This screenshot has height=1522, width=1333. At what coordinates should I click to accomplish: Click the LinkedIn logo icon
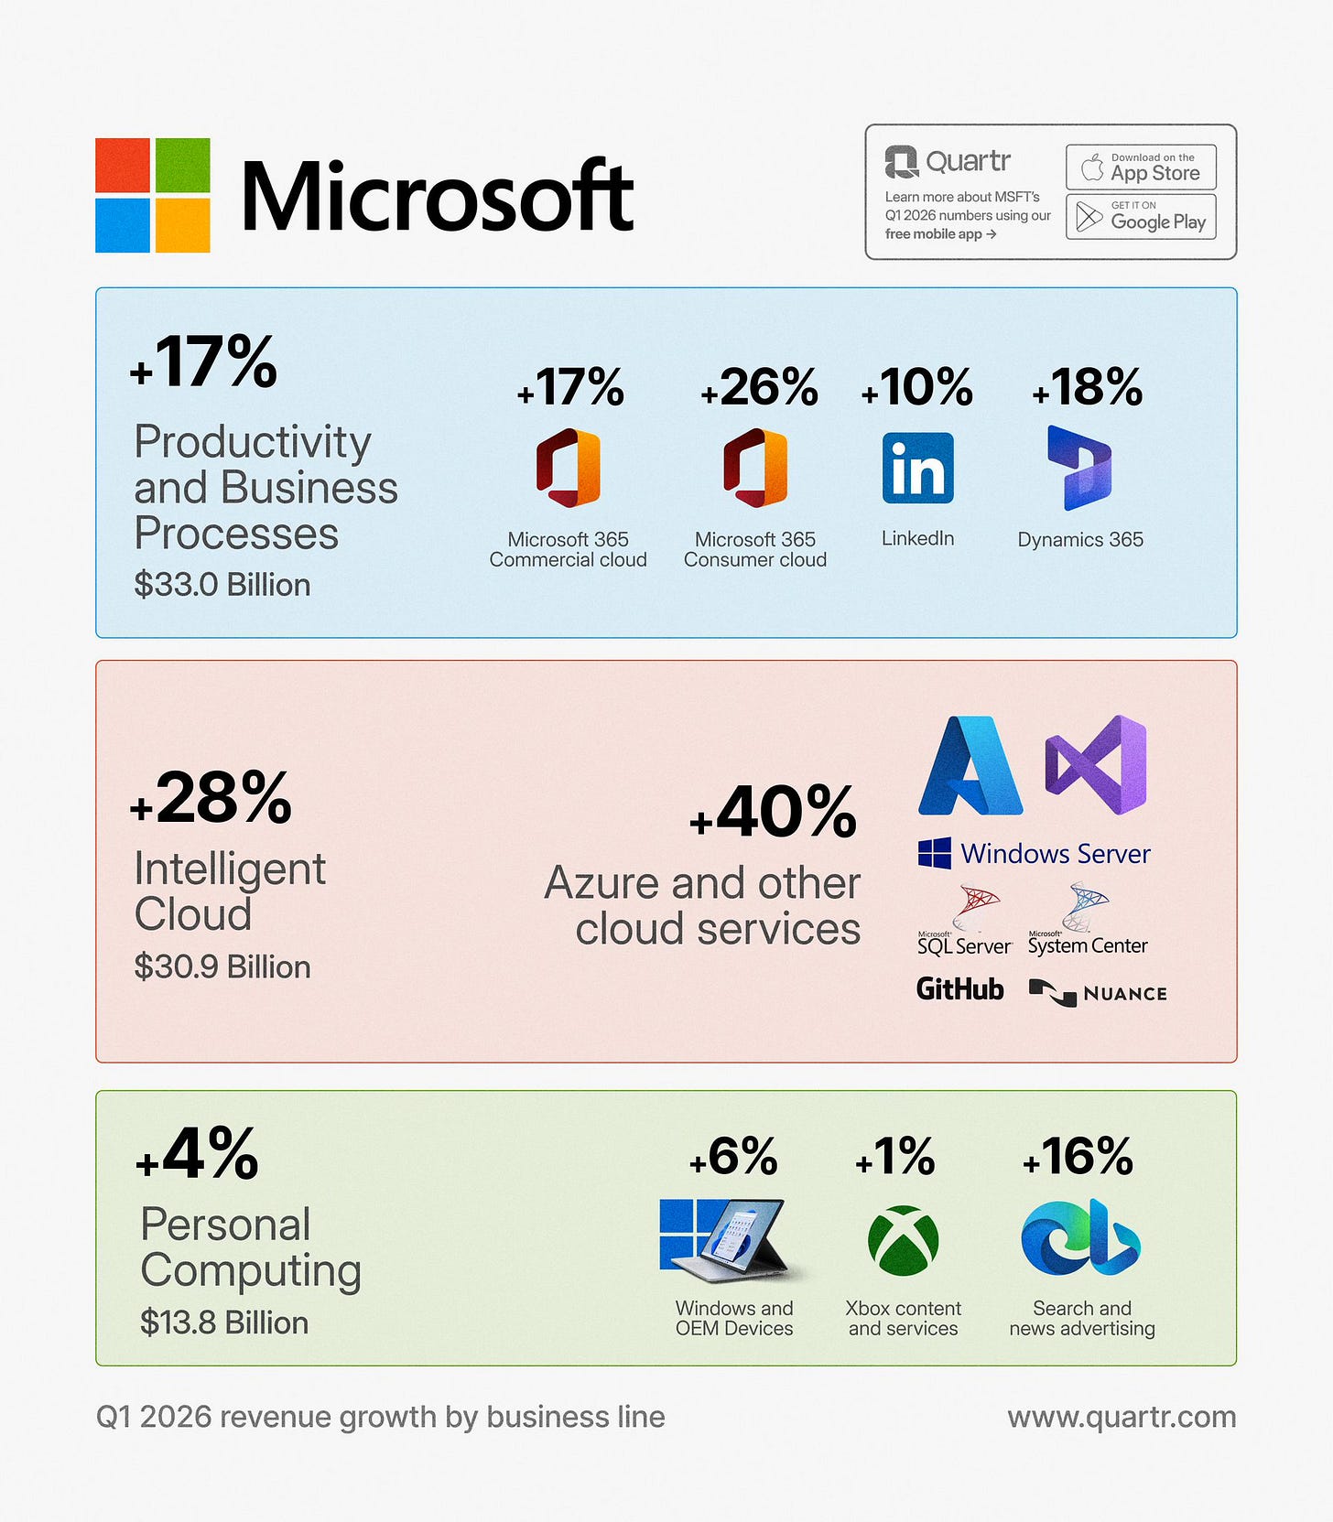917,468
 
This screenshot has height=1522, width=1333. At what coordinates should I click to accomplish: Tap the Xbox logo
903,1240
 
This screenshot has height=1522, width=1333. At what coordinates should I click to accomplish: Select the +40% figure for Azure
774,812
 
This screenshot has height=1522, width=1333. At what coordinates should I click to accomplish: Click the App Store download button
1141,167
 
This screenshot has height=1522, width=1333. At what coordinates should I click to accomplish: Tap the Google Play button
1141,217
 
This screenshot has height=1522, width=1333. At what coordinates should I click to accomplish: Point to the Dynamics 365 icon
1080,468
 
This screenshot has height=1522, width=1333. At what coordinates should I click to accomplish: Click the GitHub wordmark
960,989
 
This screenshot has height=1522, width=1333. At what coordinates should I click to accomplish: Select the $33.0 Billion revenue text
222,585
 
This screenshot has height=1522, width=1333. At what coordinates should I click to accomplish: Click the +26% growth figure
759,388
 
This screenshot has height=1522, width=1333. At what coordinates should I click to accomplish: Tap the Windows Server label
1035,854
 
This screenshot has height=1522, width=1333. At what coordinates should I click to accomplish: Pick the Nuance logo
1098,993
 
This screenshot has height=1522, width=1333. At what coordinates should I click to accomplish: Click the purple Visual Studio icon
1096,765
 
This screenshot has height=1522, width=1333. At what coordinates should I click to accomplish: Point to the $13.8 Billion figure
224,1323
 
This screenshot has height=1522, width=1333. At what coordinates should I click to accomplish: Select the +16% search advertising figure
1078,1157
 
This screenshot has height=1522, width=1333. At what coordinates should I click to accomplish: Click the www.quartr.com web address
1122,1417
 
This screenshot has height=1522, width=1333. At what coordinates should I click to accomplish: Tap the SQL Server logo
965,920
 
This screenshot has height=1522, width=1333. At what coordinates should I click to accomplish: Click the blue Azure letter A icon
970,765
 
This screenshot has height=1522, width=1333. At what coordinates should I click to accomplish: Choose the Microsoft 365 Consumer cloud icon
755,468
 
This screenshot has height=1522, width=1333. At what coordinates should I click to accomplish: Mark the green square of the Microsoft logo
183,165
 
